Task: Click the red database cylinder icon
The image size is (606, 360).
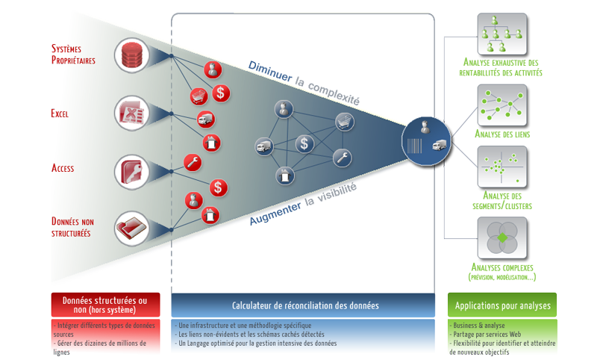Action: [131, 56]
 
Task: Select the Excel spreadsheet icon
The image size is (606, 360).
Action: [131, 114]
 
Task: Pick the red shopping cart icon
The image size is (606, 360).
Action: [198, 96]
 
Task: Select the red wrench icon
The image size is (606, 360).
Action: [192, 161]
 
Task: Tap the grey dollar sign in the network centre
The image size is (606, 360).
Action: [303, 143]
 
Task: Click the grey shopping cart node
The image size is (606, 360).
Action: [343, 121]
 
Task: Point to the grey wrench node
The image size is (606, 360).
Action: [342, 158]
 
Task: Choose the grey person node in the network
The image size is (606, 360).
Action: [282, 110]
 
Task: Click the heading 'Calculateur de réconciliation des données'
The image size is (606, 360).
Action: [304, 305]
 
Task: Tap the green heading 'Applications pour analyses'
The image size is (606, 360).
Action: [502, 305]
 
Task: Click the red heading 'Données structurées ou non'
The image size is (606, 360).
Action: [105, 305]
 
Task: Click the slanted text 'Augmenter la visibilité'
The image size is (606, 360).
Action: [304, 205]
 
